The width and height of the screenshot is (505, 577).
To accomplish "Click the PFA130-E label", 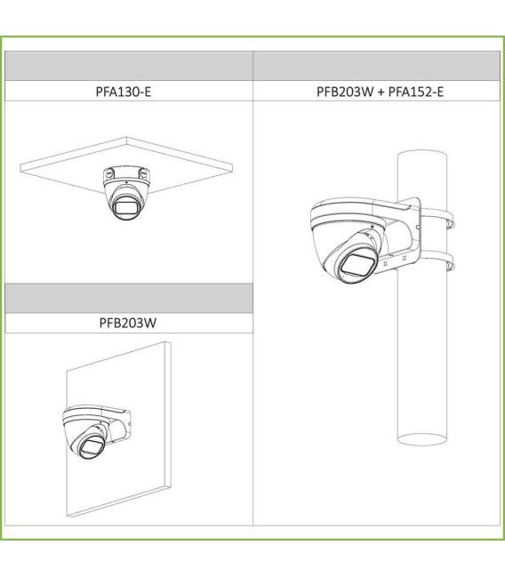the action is click(x=124, y=92).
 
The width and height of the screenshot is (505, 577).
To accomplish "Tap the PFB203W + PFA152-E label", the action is click(x=380, y=92).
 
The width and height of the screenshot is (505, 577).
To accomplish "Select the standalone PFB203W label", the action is click(x=128, y=323).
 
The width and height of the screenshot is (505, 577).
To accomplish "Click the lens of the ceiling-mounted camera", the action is click(x=125, y=208).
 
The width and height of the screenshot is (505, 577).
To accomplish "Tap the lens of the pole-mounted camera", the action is click(x=357, y=265).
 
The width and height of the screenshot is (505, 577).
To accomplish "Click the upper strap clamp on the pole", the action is click(x=438, y=217).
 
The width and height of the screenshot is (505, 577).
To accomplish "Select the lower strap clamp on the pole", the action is click(x=438, y=260).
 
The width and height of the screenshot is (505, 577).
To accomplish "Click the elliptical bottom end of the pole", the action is click(x=422, y=439).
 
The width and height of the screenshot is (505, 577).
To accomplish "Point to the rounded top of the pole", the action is click(x=422, y=153).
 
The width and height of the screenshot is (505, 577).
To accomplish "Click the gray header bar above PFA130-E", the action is click(x=129, y=66).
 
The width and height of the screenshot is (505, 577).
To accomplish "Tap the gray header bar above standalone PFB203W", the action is click(x=129, y=298).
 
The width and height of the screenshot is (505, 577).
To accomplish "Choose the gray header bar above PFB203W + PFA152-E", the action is click(x=377, y=66).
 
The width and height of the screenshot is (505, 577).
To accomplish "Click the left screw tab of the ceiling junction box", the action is click(x=109, y=173).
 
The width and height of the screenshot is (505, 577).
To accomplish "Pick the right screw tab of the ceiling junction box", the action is click(x=144, y=173).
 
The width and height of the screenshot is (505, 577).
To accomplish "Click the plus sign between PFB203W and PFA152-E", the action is click(x=381, y=92).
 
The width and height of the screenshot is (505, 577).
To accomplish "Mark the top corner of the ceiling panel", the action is click(x=126, y=138).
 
